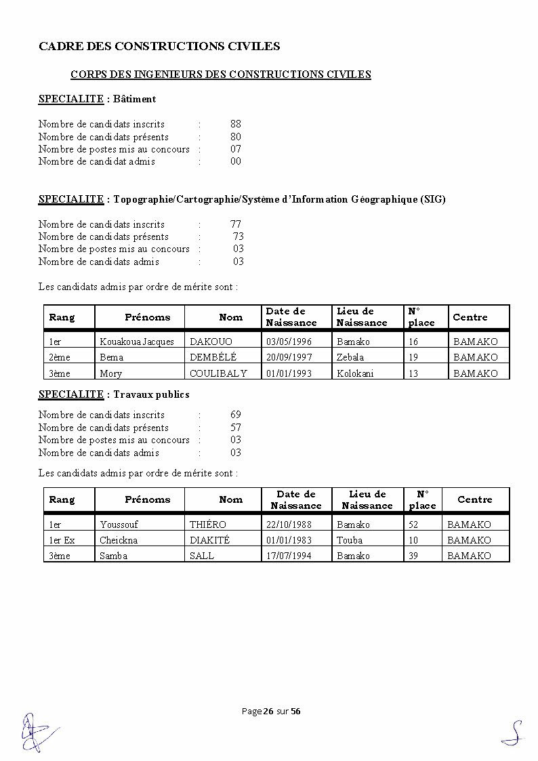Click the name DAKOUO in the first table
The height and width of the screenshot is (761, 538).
[211, 342]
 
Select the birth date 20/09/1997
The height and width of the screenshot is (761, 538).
[289, 357]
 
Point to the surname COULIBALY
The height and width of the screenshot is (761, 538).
[218, 373]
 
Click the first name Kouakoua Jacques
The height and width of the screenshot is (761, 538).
[137, 342]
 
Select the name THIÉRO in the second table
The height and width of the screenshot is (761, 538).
[208, 525]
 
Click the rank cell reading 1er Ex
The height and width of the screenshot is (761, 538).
[62, 540]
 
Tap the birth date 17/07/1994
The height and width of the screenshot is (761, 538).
[289, 556]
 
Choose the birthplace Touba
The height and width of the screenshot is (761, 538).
[350, 540]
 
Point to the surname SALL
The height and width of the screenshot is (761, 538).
[202, 556]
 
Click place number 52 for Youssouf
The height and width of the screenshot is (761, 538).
[413, 525]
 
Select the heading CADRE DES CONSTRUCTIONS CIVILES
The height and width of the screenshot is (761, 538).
[159, 46]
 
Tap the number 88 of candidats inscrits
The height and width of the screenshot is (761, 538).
[236, 124]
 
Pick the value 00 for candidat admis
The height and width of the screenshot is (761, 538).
[236, 161]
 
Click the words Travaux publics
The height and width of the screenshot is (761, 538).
[152, 394]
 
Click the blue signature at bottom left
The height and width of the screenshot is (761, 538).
[34, 731]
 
